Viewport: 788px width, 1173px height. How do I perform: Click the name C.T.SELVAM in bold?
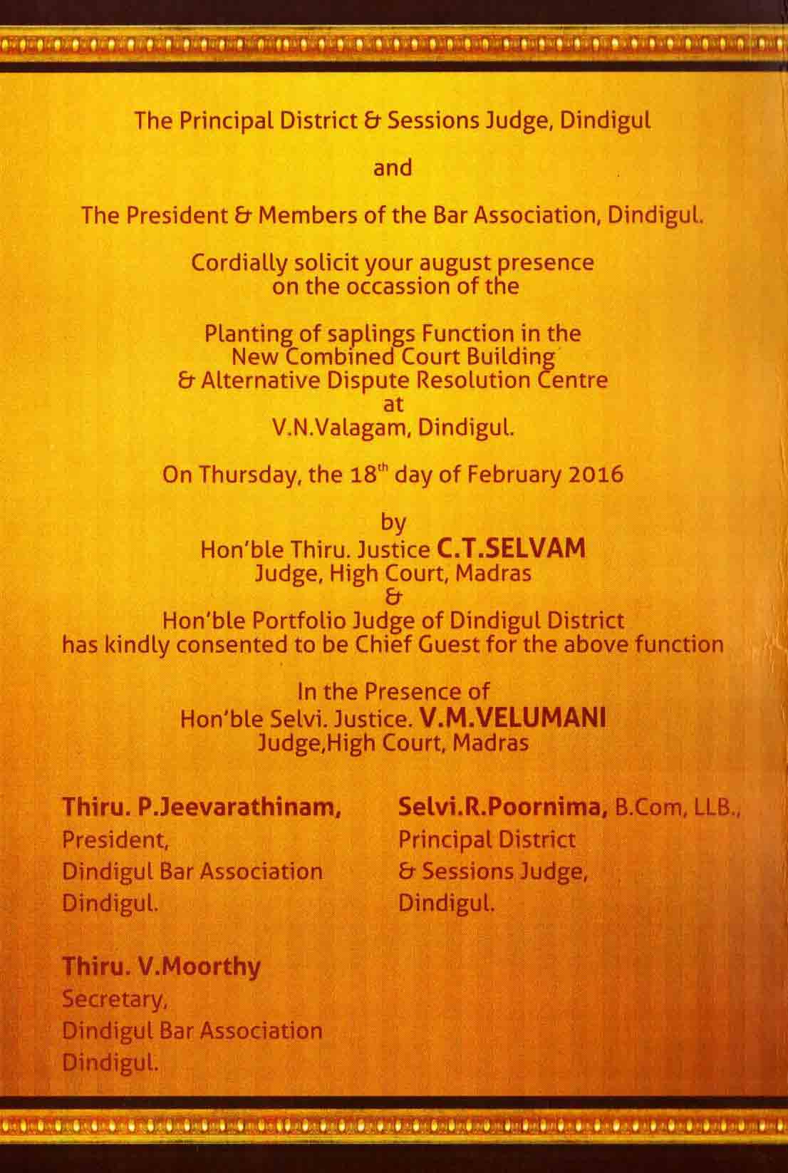point(511,549)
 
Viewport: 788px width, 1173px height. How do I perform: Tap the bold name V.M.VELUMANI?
point(513,718)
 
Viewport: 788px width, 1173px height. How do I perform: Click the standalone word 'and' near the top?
point(393,167)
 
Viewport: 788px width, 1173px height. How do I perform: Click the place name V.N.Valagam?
point(336,428)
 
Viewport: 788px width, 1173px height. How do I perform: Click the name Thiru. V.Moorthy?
point(162,967)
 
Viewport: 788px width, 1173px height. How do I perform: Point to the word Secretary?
point(114,999)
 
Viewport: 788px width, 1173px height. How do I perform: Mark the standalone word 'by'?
point(393,524)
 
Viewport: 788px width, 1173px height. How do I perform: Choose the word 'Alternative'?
point(261,380)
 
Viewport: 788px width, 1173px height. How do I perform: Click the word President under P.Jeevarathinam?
point(114,839)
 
